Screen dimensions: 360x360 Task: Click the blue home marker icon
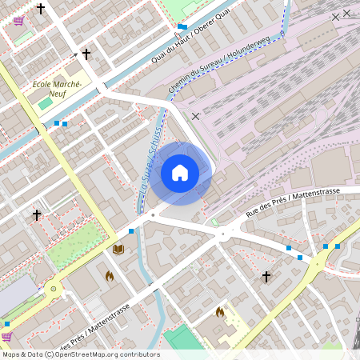point(180,172)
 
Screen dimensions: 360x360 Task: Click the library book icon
point(118,250)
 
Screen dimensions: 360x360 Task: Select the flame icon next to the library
point(110,276)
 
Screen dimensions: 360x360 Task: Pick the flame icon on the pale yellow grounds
point(220,311)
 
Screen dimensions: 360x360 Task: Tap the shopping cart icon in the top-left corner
point(18,21)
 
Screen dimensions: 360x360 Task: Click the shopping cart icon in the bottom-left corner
point(7,337)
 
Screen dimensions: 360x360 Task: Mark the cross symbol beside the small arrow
point(86,54)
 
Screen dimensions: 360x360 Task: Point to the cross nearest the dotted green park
point(36,214)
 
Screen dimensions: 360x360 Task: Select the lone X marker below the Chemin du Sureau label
point(195,116)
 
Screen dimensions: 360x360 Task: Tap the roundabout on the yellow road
point(54,289)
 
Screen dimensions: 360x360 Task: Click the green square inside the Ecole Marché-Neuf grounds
point(44,104)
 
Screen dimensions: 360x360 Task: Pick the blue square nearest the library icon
point(130,230)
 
